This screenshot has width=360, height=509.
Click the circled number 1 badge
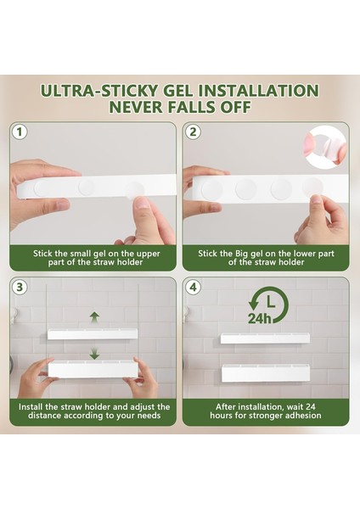[20, 132]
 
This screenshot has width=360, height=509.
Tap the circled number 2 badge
[193, 132]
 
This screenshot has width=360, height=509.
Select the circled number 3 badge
[20, 288]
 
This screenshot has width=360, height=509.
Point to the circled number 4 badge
[193, 288]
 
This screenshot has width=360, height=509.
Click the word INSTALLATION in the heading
[258, 91]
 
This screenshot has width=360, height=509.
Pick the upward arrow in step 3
[94, 317]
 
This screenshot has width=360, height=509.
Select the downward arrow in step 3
[94, 354]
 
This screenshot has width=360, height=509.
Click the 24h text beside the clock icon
[259, 319]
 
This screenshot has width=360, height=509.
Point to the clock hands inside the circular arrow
[270, 301]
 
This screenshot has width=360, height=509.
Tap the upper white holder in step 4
[265, 338]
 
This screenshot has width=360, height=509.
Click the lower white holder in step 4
[266, 373]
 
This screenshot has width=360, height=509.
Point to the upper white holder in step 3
[93, 334]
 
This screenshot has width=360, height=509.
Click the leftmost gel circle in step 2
[212, 190]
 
